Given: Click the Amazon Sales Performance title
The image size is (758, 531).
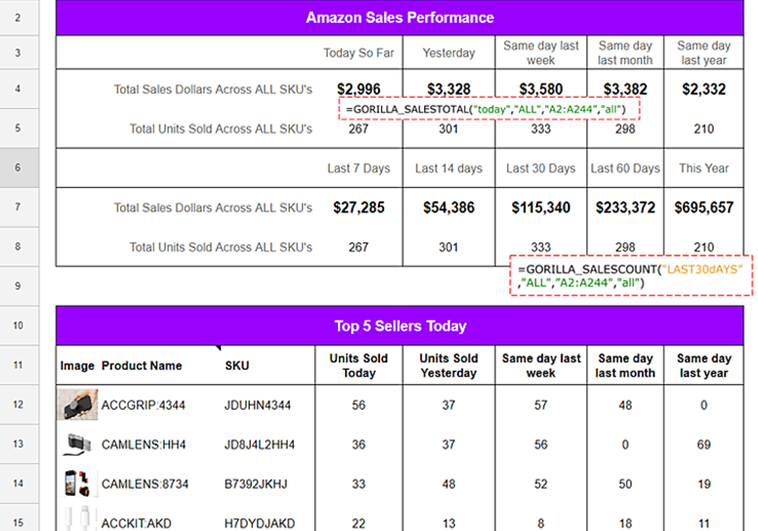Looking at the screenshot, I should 399,17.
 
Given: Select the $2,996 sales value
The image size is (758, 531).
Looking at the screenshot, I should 358,89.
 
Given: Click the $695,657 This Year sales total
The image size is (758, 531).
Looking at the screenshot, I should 704,207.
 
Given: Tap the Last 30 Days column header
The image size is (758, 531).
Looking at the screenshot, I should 540,168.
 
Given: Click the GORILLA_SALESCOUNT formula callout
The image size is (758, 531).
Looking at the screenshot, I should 630,276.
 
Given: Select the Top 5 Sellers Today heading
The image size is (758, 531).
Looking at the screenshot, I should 400,326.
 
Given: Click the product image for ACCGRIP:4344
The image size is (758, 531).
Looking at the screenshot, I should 77,405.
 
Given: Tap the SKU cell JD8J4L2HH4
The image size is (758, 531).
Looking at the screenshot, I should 259,444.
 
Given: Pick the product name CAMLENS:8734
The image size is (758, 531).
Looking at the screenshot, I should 145,484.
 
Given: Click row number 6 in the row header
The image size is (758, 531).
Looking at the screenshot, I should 18,168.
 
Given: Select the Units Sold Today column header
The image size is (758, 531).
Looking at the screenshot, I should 358,365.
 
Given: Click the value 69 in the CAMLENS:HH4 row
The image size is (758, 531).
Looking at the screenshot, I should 704,444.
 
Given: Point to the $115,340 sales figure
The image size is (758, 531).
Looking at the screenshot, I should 540,207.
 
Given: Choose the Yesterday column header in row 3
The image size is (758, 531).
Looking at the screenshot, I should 449,53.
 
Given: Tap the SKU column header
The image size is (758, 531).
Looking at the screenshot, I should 237,365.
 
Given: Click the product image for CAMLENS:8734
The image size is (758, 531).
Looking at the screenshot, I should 77,483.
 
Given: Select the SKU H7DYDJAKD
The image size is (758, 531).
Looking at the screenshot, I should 259,523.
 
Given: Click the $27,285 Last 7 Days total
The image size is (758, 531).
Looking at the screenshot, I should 358,207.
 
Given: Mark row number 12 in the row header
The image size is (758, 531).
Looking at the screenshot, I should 18,404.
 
